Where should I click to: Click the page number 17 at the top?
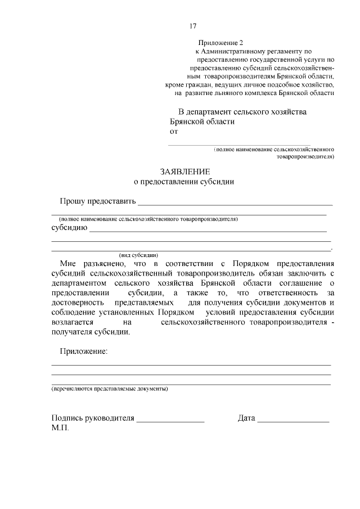tap(192, 26)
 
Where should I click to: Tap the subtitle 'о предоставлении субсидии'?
tap(183, 182)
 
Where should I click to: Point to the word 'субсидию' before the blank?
tap(68, 228)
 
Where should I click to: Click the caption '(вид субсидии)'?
tap(138, 254)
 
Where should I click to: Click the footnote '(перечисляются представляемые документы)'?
tap(109, 389)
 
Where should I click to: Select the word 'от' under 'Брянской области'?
tap(174, 132)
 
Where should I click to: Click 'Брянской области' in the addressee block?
tap(202, 121)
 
